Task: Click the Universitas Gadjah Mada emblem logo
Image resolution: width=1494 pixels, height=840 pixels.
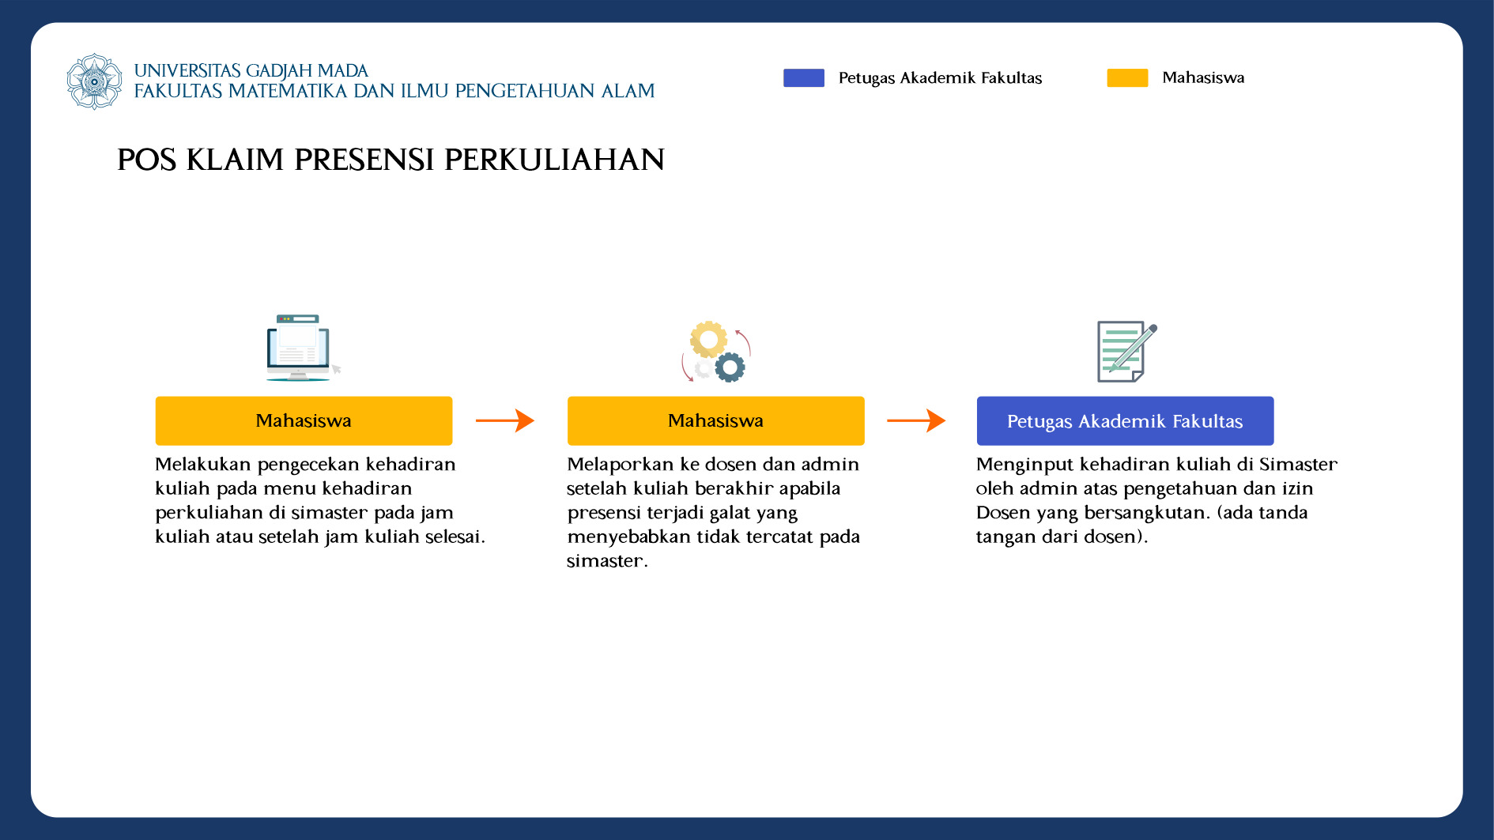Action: point(95,81)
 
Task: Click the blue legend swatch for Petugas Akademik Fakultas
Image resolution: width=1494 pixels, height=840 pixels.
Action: point(803,77)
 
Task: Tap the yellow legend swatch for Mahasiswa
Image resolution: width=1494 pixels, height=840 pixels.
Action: point(1127,77)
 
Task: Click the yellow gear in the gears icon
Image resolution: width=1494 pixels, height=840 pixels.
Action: point(708,340)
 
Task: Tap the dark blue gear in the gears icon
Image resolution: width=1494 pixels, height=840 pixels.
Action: point(730,367)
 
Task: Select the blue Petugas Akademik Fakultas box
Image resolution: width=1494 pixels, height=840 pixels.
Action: point(1125,420)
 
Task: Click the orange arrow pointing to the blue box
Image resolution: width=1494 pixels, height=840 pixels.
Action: point(916,420)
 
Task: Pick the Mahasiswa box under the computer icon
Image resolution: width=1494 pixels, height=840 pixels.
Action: point(304,420)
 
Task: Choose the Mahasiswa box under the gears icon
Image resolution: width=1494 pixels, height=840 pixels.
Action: point(715,420)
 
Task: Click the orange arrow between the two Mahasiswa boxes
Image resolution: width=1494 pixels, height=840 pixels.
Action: point(505,420)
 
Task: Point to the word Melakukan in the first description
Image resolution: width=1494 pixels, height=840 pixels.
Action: point(203,464)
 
